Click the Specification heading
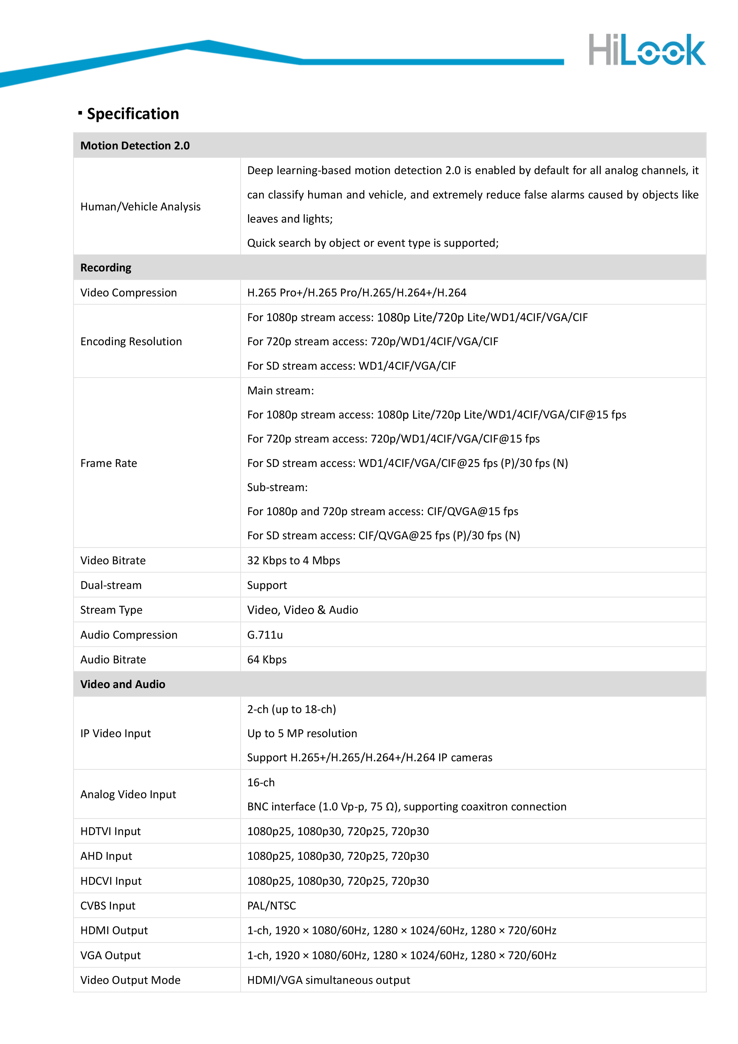[133, 114]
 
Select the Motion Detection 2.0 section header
[135, 146]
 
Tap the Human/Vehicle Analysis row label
[140, 207]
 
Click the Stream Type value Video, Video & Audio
[303, 610]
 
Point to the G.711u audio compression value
[265, 635]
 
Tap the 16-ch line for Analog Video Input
[261, 782]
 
